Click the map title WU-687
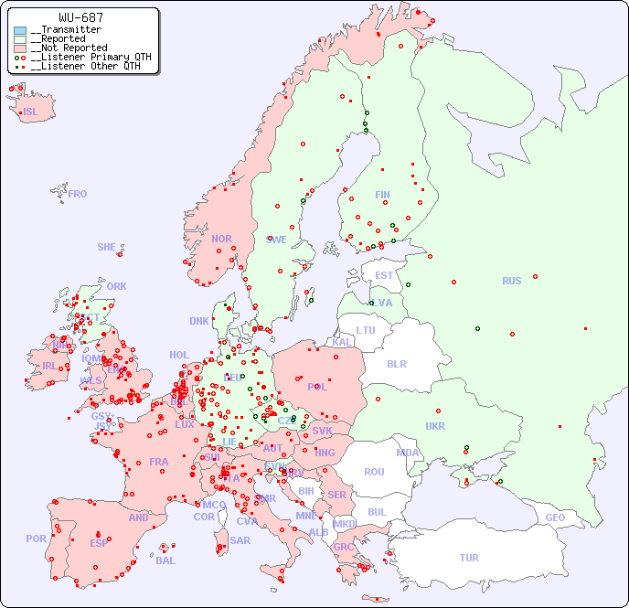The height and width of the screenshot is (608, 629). click(x=80, y=17)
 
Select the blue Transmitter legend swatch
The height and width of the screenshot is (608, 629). click(x=20, y=30)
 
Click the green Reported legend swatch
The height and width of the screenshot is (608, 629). click(x=20, y=39)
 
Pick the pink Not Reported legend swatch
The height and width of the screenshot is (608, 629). click(x=20, y=48)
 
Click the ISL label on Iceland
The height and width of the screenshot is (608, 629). click(x=31, y=112)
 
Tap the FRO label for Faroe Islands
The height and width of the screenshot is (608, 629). click(x=78, y=194)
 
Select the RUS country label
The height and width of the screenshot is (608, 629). click(x=511, y=281)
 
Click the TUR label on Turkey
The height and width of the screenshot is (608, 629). click(x=469, y=558)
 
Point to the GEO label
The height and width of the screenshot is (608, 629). click(x=555, y=517)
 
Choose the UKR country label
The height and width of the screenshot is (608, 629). click(x=435, y=426)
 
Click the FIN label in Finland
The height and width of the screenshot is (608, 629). click(x=382, y=195)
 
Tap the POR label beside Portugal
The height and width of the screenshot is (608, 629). click(x=36, y=539)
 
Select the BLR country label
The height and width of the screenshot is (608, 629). click(x=396, y=363)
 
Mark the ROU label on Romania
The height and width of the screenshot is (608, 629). click(x=374, y=472)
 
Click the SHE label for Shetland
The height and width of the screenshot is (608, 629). click(x=107, y=247)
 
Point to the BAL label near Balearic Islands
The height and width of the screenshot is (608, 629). click(x=165, y=560)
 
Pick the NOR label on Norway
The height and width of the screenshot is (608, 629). click(x=221, y=239)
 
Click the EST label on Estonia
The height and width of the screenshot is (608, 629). click(x=384, y=275)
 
